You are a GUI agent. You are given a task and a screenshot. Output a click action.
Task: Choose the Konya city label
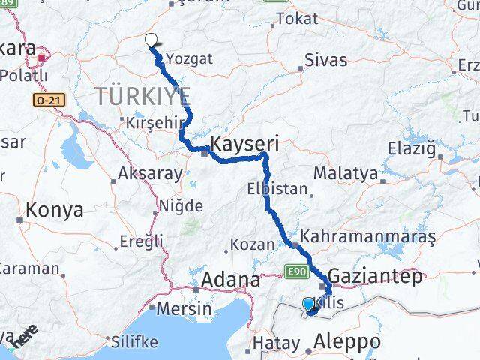pyautogui.click(x=54, y=211)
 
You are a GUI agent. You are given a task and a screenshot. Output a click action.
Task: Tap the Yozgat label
pyautogui.click(x=190, y=58)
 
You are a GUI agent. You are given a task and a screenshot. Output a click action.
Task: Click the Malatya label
pyautogui.click(x=346, y=172)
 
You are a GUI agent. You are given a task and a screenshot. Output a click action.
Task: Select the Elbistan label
pyautogui.click(x=277, y=189)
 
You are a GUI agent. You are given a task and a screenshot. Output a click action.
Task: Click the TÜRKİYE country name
pyautogui.click(x=142, y=96)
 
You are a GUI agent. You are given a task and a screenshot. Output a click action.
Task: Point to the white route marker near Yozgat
pyautogui.click(x=151, y=40)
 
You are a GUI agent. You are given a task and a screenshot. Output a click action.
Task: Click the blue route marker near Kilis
pyautogui.click(x=309, y=304)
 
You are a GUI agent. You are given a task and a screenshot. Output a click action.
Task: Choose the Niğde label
pyautogui.click(x=181, y=205)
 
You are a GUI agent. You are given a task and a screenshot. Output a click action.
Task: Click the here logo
pyautogui.click(x=24, y=336)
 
